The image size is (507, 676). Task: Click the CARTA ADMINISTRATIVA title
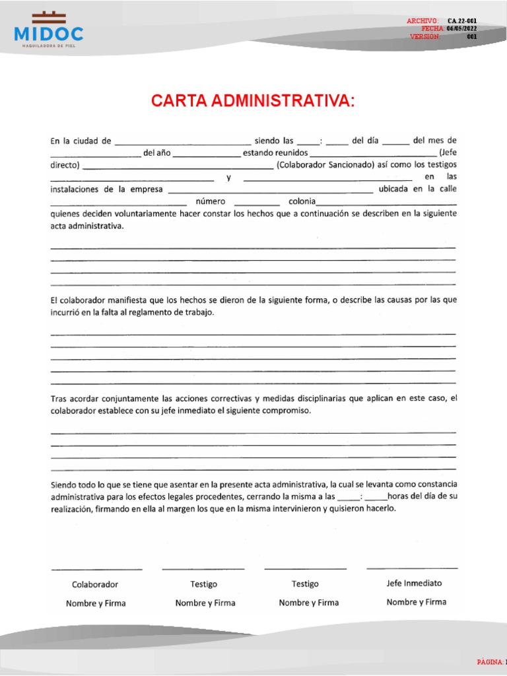tap(253, 101)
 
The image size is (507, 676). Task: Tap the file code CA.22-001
tap(462, 21)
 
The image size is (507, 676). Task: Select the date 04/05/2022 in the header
tap(461, 29)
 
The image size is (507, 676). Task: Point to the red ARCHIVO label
tap(422, 21)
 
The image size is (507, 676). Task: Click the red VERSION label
tap(424, 37)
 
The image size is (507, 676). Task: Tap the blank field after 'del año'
tap(208, 154)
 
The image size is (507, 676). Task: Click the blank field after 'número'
tap(257, 202)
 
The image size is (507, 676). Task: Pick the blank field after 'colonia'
tap(387, 202)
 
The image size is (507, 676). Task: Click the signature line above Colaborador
tap(96, 569)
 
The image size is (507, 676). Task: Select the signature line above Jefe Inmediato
tap(412, 568)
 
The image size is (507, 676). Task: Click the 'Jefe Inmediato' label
tap(414, 583)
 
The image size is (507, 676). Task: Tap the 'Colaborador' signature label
tap(95, 584)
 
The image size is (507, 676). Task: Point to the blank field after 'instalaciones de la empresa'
tap(271, 190)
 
